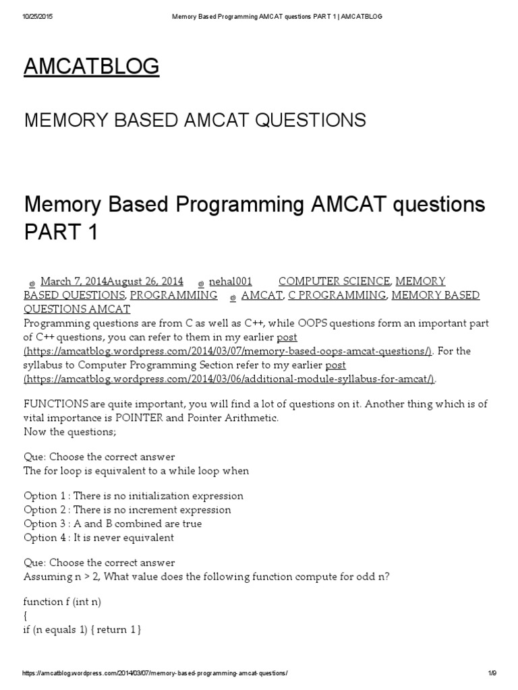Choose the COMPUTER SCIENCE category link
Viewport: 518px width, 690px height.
point(334,281)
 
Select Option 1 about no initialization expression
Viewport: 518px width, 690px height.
point(134,496)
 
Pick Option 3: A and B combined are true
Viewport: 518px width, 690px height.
point(113,524)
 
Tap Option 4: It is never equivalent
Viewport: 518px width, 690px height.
point(98,537)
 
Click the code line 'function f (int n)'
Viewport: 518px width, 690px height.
point(62,601)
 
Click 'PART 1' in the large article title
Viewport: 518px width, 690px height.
point(61,231)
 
